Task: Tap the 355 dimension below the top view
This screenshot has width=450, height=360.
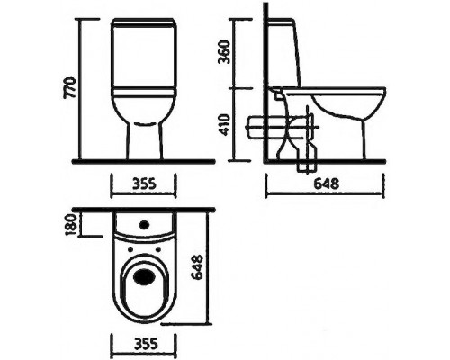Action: click(x=138, y=344)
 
